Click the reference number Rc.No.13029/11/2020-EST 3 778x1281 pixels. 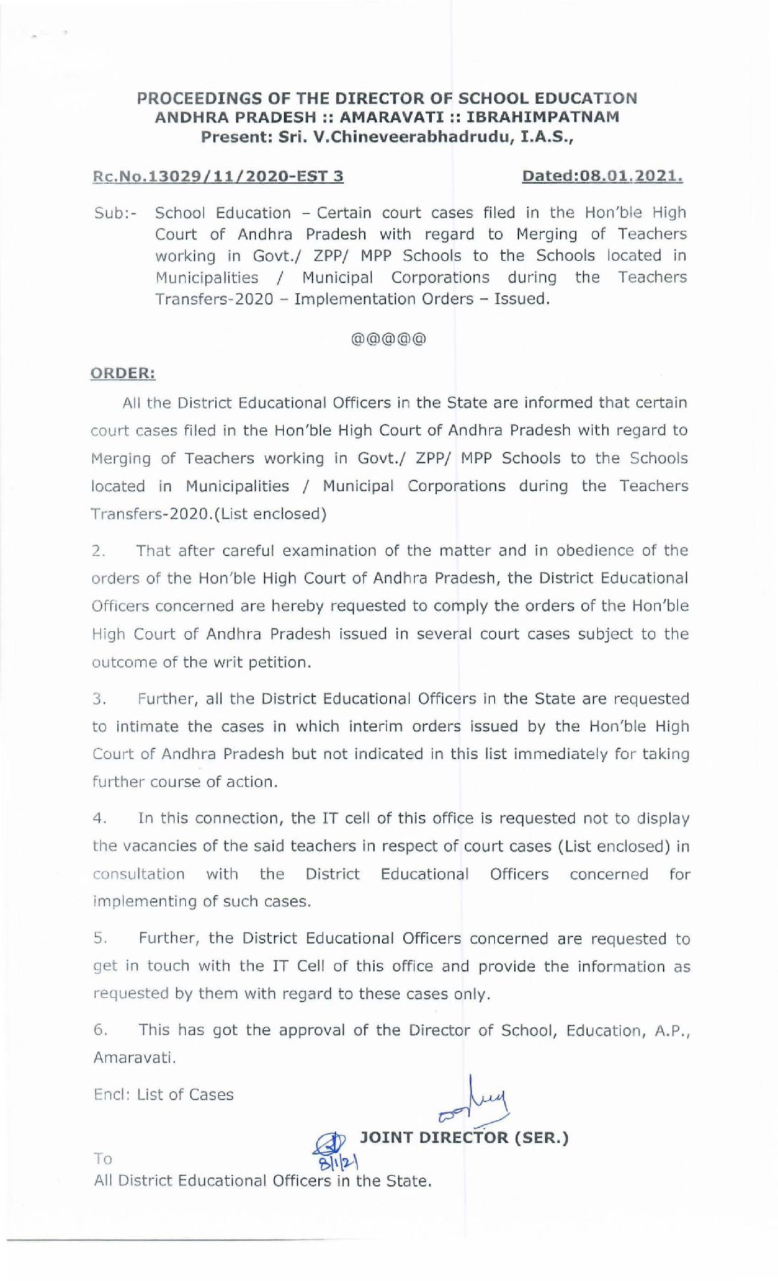point(218,176)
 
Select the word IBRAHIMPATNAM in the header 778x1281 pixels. point(547,117)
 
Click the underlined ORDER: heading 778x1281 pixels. point(123,373)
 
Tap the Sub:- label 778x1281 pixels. point(115,214)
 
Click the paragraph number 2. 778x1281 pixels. point(99,551)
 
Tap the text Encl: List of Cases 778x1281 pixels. point(164,1094)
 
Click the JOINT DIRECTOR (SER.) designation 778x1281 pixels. point(464,1137)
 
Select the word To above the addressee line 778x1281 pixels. point(102,1159)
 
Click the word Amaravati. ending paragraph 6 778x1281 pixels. point(134,1057)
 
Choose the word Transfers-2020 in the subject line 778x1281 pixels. point(215,300)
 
